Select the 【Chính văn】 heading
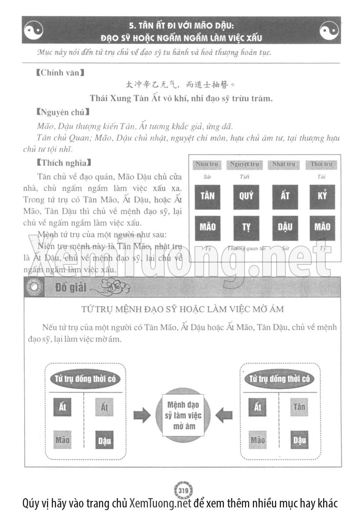tap(59, 73)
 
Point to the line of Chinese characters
tap(180, 84)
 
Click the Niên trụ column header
tap(207, 165)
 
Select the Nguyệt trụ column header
tap(245, 165)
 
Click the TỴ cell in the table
tap(246, 228)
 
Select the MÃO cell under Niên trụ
tap(207, 228)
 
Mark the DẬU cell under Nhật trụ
tap(284, 228)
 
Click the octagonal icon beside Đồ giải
tap(34, 288)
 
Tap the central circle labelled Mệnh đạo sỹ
tap(183, 415)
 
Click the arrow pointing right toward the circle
tap(141, 415)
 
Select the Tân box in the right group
tap(299, 407)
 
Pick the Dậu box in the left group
tap(104, 440)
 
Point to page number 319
tap(184, 490)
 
